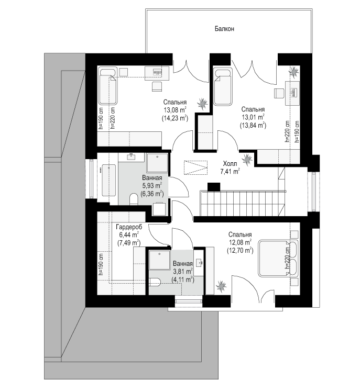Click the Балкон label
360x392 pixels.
pos(224,29)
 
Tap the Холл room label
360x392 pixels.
pos(230,164)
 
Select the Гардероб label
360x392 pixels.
pos(129,227)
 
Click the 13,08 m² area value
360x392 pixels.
pos(174,110)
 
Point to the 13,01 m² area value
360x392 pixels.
pos(253,117)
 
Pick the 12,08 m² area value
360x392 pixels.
pos(240,242)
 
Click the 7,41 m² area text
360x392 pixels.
pos(230,172)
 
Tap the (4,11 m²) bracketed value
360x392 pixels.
pos(183,279)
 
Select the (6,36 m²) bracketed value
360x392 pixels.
pos(152,194)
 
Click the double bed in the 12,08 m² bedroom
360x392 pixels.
pos(278,258)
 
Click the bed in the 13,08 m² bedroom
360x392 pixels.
pos(108,85)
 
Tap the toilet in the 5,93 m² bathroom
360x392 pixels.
pos(134,199)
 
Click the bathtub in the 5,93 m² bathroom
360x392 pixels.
pos(108,180)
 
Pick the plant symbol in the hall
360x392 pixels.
pos(247,159)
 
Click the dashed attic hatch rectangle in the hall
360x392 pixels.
pos(195,168)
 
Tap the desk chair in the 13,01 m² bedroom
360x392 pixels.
pos(279,94)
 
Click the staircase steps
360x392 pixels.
pos(242,203)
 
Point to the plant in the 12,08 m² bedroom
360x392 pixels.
pos(221,285)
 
